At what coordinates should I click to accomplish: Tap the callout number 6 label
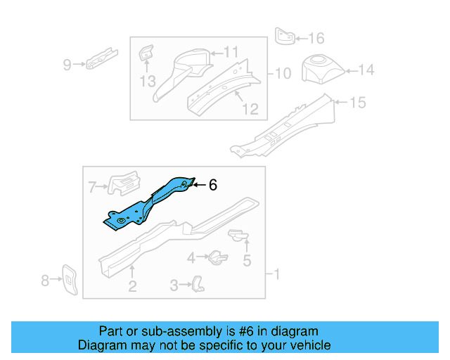[212, 185]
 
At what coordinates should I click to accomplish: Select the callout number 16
[316, 38]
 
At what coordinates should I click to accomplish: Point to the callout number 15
[358, 103]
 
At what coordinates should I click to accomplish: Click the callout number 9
[67, 65]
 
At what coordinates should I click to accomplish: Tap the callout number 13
[147, 82]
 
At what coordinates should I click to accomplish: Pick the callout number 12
[250, 109]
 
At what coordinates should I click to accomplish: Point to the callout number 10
[282, 73]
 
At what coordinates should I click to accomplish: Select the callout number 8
[46, 281]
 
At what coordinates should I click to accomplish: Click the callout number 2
[131, 285]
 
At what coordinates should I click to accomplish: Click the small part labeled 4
[217, 257]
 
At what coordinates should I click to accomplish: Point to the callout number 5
[247, 262]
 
